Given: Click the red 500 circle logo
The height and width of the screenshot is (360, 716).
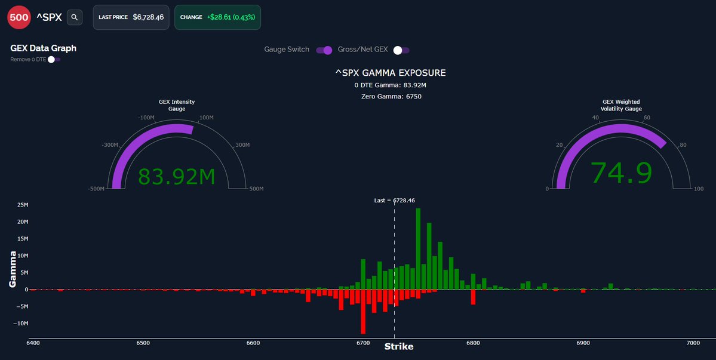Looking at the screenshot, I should point(19,17).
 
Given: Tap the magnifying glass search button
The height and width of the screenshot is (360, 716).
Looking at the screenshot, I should point(75,17).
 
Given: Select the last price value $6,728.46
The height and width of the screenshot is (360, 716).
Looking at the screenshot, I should point(151,17).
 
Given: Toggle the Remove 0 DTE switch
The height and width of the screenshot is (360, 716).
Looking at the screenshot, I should point(53,59).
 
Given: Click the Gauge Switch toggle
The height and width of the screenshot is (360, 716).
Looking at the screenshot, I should point(324,50).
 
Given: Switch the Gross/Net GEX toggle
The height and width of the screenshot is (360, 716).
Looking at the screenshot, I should point(401,50).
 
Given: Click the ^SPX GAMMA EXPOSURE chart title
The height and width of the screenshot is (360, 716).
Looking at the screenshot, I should point(391,73).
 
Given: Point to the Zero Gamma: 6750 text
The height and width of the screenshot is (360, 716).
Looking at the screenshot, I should point(391,96).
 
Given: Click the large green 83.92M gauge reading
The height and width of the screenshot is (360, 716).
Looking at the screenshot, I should point(176,177).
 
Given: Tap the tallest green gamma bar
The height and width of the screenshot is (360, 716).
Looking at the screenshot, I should point(418,248).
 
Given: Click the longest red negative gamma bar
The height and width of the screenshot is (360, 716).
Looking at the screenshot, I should point(363,311).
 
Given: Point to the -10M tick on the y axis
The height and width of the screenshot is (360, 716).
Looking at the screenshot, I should point(20,324).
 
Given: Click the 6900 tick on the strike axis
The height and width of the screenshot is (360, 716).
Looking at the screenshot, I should point(583,343).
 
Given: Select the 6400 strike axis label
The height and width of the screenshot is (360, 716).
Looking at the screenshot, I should point(33,343).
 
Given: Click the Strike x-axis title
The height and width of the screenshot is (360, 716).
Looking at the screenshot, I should point(398,347).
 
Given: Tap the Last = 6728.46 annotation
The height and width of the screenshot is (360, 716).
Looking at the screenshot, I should point(394,201).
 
